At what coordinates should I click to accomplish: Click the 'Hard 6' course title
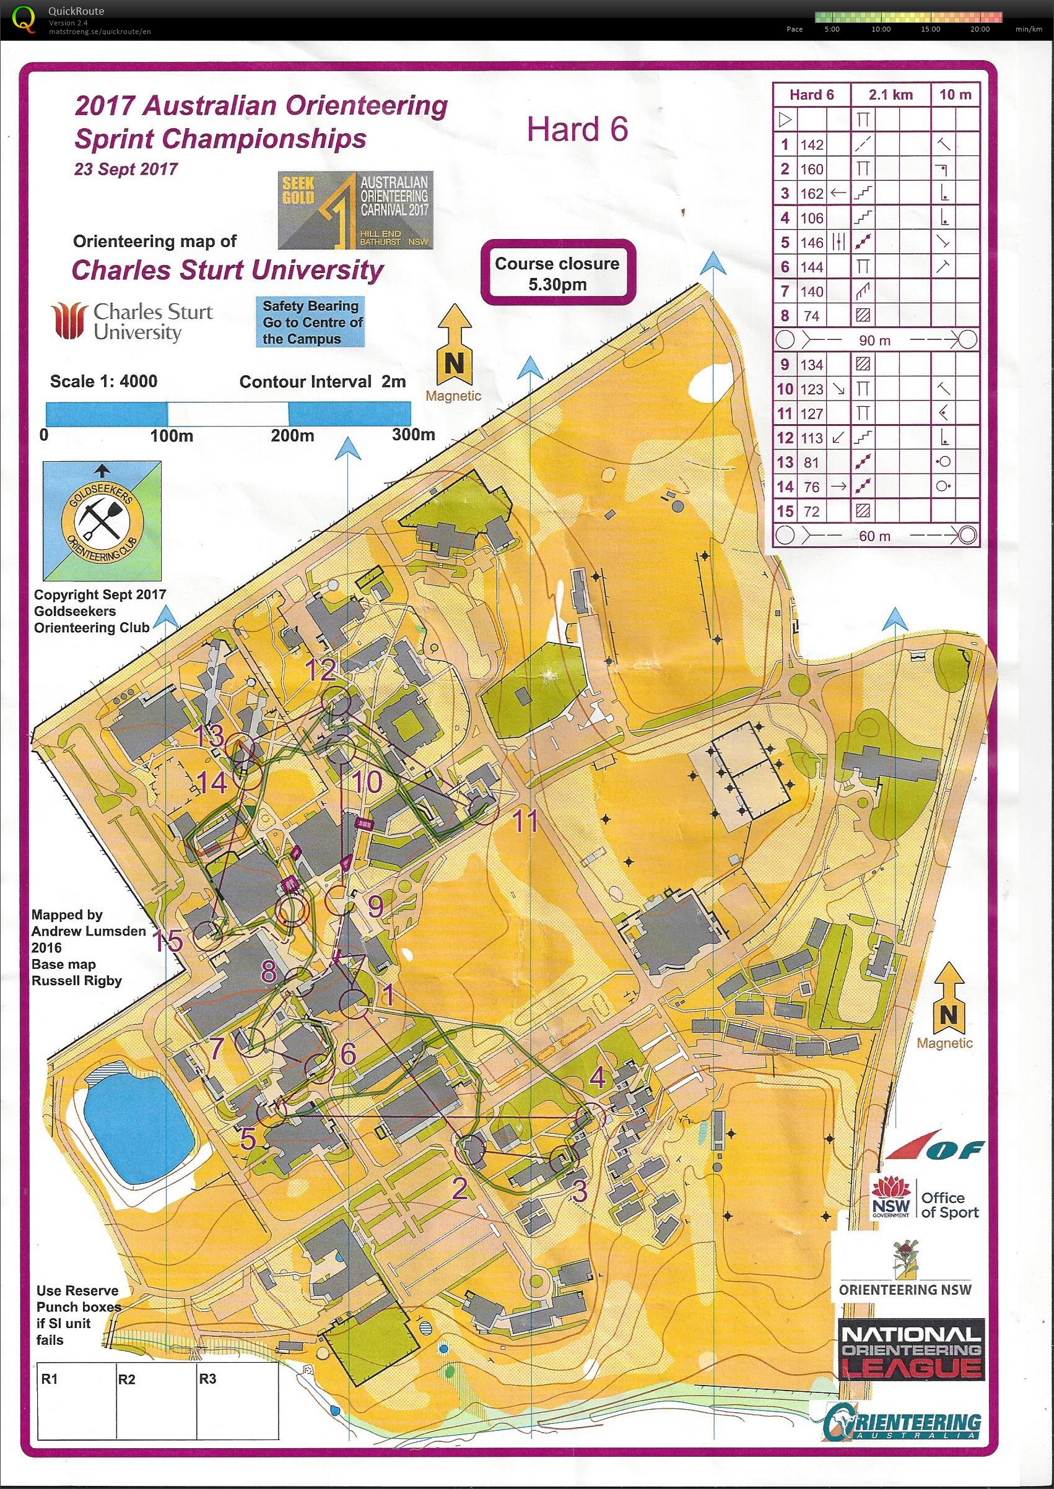(x=577, y=129)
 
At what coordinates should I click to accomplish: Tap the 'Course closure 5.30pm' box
(x=557, y=273)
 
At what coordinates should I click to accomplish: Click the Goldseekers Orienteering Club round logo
(x=101, y=521)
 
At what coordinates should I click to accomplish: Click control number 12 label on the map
(x=321, y=669)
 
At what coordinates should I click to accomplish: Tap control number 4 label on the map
(x=597, y=1077)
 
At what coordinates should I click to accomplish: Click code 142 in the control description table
(x=811, y=145)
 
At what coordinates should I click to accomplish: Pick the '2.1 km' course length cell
(x=891, y=95)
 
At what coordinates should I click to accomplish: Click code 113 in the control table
(x=811, y=438)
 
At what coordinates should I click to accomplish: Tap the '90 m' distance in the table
(x=874, y=340)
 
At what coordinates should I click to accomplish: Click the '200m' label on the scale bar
(x=292, y=435)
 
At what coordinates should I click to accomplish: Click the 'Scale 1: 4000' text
(x=103, y=381)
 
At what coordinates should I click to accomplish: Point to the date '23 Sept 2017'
(x=126, y=170)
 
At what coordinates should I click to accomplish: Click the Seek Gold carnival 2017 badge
(x=355, y=211)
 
